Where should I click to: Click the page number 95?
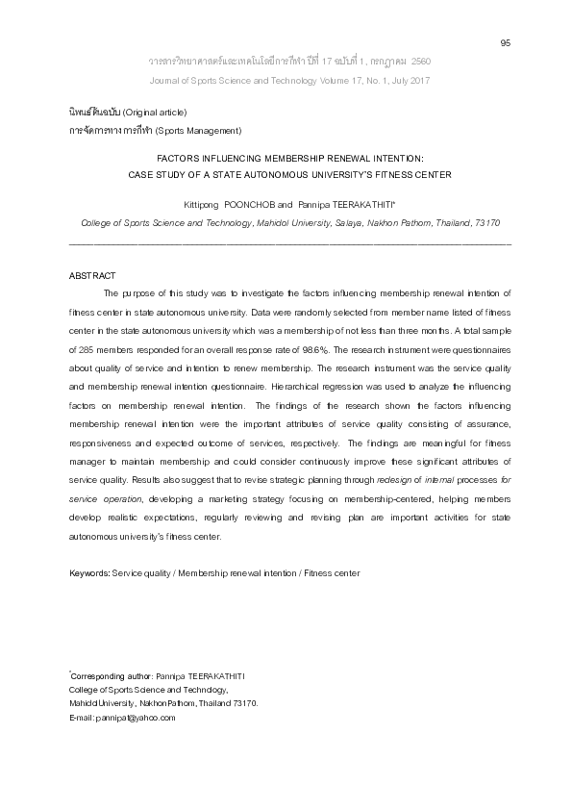[x=506, y=42]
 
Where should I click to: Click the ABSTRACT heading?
[x=92, y=276]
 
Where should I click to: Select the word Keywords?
[x=89, y=572]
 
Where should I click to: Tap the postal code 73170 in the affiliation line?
[x=487, y=222]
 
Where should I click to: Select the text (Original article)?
[x=155, y=113]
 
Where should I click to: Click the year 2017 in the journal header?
[x=416, y=80]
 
